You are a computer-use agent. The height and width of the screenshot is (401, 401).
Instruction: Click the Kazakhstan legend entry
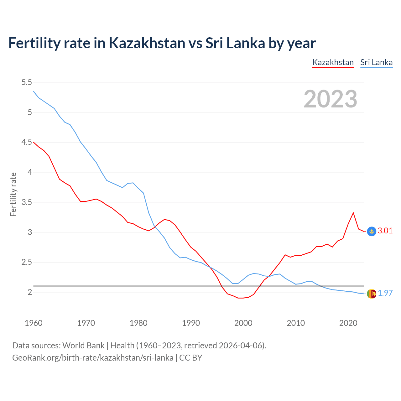(333, 62)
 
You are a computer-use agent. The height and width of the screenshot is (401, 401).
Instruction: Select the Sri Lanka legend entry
(376, 62)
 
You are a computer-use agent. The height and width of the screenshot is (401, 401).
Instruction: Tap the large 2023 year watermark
(331, 99)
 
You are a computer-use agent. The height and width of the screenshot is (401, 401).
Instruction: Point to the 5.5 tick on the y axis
(27, 82)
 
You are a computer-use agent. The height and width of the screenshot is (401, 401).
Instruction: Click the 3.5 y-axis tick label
(27, 202)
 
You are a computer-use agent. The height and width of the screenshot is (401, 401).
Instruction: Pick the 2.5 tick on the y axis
(27, 262)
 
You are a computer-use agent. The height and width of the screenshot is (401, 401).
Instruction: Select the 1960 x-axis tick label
(34, 323)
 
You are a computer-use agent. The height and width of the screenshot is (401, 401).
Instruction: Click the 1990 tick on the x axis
(191, 323)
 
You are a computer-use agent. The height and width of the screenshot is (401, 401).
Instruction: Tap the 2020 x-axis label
(348, 323)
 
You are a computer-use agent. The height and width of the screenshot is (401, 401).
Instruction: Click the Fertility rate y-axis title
(13, 194)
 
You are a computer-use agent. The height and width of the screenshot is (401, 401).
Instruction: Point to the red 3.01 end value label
(385, 231)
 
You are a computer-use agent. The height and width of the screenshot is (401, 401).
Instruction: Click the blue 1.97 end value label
(385, 293)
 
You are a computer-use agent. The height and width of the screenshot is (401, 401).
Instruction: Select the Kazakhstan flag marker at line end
(371, 231)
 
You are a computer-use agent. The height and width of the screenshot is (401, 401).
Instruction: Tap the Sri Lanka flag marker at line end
(371, 294)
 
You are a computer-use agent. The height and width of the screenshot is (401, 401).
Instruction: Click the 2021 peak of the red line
(353, 213)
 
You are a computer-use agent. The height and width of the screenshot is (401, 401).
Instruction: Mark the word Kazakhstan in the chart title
(147, 43)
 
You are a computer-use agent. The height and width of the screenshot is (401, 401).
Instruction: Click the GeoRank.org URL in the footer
(93, 357)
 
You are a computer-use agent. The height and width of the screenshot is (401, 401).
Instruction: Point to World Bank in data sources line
(83, 346)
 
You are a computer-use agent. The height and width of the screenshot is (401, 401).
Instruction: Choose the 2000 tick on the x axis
(243, 323)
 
